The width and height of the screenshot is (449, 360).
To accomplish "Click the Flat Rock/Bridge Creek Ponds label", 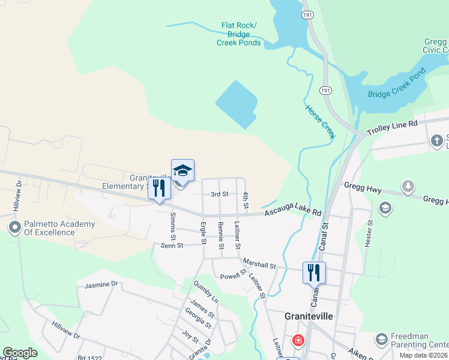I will coord(240,34).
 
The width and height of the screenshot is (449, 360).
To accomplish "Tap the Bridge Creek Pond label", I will coord(396,83).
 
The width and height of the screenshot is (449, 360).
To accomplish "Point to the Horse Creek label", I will coord(319,122).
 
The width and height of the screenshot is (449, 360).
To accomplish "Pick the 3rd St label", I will coord(219,194).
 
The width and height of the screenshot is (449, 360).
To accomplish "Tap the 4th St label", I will coord(246,200).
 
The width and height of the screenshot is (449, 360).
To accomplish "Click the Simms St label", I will coord(173,223).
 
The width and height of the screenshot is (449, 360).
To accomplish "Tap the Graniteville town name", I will coord(308,316).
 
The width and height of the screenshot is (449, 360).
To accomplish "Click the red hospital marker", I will coord(297,341).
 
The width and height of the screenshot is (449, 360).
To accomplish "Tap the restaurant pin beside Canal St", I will coord(314,272).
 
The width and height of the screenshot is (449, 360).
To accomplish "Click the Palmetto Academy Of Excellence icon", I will coord(13,228).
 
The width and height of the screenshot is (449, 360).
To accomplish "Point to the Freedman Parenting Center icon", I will coord(381,341).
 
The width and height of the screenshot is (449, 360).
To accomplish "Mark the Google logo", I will coord(20,353).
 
